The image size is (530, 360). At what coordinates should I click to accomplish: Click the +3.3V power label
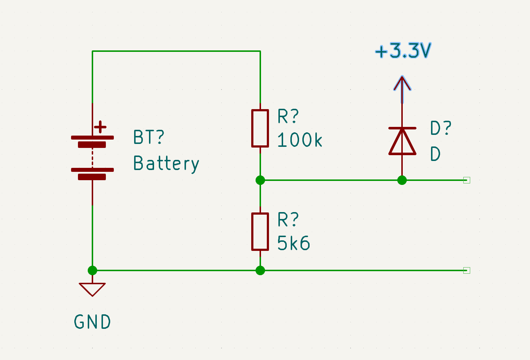(x=403, y=50)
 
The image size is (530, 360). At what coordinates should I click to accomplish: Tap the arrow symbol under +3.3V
(x=402, y=90)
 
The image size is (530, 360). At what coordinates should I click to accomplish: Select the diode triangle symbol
(x=402, y=141)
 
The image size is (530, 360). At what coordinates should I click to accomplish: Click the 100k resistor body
(x=260, y=128)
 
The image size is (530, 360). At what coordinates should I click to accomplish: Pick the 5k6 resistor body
(x=260, y=232)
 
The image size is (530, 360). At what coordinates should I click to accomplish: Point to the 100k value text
(x=299, y=140)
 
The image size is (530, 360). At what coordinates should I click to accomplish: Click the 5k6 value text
(x=293, y=243)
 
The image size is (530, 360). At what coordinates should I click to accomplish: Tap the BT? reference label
(x=149, y=137)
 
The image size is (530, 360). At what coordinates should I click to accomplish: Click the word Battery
(x=166, y=164)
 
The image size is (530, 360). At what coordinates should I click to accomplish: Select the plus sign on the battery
(x=100, y=127)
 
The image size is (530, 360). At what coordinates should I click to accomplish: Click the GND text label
(x=92, y=322)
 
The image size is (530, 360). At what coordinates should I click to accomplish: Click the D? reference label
(x=440, y=128)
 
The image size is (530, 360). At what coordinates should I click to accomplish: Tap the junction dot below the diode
(x=402, y=180)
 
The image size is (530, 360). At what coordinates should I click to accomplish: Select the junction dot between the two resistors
(x=260, y=180)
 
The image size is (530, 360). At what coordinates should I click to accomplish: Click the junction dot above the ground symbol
(x=92, y=270)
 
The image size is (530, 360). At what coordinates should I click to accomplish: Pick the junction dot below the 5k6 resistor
(x=260, y=270)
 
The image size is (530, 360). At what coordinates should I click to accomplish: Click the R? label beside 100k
(x=288, y=116)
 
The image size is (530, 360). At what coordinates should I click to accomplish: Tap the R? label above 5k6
(x=288, y=219)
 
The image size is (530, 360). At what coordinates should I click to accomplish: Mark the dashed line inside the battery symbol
(x=92, y=158)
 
